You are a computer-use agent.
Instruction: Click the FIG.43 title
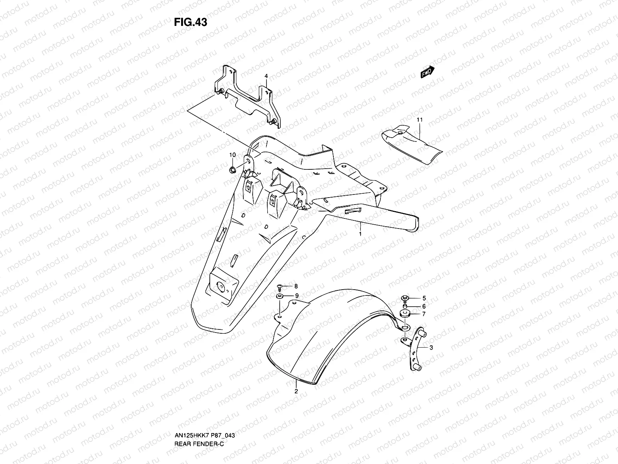pyautogui.click(x=190, y=22)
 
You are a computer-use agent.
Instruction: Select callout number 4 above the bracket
pyautogui.click(x=266, y=77)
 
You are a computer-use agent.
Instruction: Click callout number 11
pyautogui.click(x=419, y=120)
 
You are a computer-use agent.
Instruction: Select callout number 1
pyautogui.click(x=360, y=234)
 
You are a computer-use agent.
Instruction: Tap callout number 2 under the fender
pyautogui.click(x=296, y=391)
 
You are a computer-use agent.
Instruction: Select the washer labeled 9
pyautogui.click(x=280, y=296)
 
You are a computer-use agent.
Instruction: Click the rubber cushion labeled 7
pyautogui.click(x=405, y=314)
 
